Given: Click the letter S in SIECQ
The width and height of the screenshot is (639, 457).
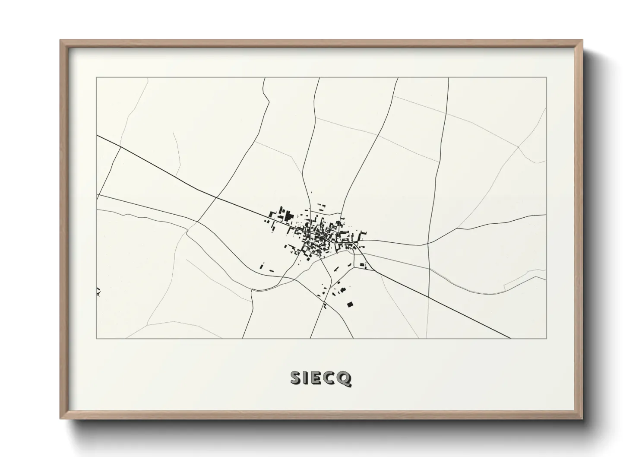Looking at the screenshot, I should [x=296, y=378].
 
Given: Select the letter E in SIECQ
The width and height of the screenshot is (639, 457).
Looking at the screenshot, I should [x=317, y=378].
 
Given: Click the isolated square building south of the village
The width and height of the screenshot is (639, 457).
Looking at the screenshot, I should [x=350, y=305].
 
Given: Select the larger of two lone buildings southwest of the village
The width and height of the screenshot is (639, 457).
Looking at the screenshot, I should [x=262, y=266].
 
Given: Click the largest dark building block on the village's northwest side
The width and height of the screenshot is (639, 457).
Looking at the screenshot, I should [x=288, y=215].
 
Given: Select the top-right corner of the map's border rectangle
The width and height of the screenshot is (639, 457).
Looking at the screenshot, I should [x=546, y=78].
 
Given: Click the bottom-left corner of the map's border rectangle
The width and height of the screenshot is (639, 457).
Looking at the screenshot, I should [x=97, y=339].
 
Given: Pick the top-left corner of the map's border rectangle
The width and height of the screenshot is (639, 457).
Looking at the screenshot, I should [x=97, y=78].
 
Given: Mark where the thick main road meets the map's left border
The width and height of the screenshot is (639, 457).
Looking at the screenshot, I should [x=97, y=136].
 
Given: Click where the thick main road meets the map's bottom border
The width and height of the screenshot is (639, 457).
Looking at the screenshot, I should [x=511, y=339].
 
